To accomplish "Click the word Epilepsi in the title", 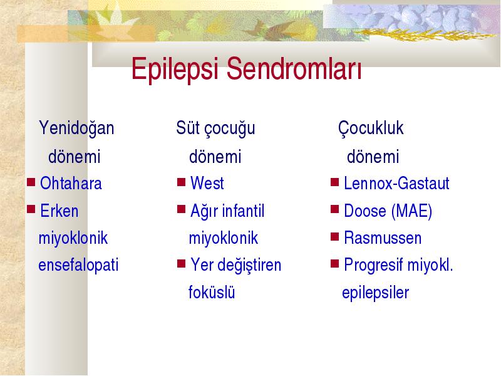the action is [175, 70].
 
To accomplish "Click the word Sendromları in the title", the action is [294, 68].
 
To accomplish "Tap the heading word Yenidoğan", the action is [76, 128].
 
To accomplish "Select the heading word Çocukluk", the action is [371, 128].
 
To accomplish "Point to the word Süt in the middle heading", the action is [187, 128].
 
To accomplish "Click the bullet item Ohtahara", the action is [71, 183].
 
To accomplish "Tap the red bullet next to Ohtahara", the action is [31, 182].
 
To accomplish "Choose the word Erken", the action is [59, 211].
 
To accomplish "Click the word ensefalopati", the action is [78, 265].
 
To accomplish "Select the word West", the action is [207, 183].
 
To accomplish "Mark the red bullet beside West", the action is [181, 182].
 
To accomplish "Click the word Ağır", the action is [204, 212].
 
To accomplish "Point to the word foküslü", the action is [212, 292].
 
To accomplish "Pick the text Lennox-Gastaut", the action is [396, 183].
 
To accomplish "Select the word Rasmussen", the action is [383, 238].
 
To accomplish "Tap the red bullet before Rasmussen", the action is [334, 237].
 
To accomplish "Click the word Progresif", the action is [373, 265].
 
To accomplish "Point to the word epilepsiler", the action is [375, 293].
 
